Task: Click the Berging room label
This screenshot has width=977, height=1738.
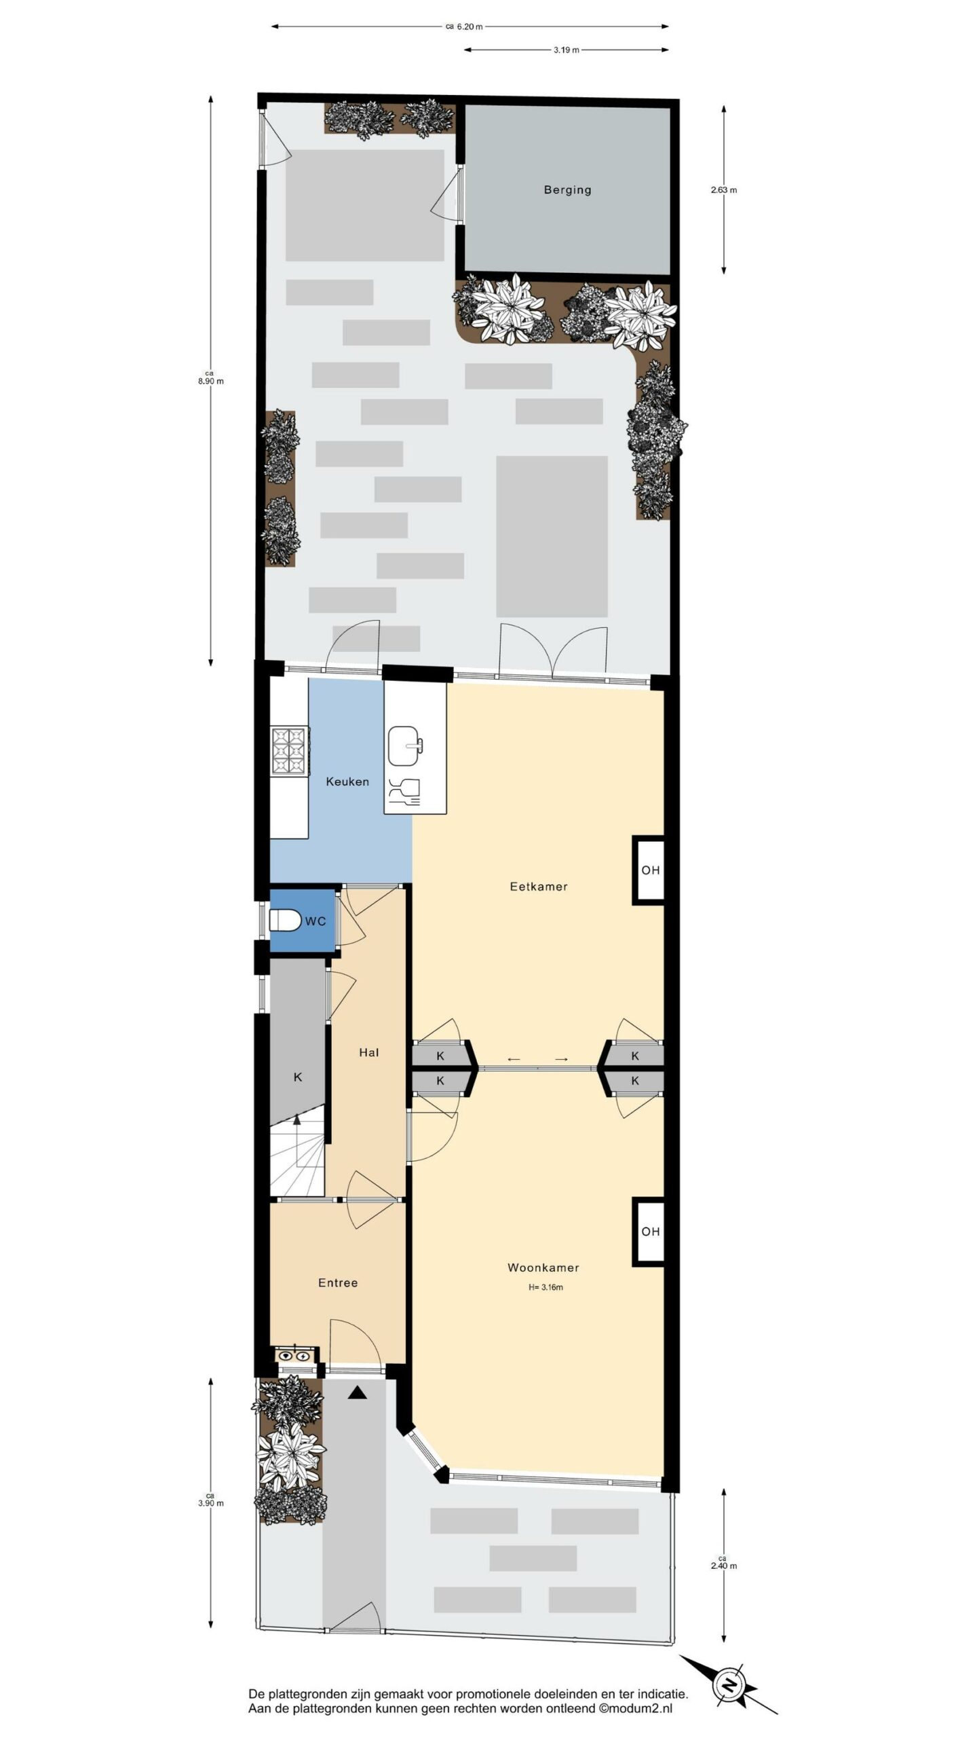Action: [567, 190]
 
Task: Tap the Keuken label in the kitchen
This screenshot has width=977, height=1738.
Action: [347, 781]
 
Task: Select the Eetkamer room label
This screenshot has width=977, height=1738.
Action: [539, 886]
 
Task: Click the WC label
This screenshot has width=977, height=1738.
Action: [315, 921]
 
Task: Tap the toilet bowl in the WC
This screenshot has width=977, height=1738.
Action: [285, 921]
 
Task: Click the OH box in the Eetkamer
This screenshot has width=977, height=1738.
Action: [649, 870]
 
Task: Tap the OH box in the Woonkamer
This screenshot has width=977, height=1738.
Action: [649, 1232]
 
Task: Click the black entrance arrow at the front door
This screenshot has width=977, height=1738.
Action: [358, 1393]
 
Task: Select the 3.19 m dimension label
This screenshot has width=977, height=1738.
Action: [567, 50]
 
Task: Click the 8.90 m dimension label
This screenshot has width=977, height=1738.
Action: [210, 377]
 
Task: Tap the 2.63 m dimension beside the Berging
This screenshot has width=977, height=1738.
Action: [724, 190]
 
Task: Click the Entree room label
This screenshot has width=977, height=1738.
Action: [338, 1282]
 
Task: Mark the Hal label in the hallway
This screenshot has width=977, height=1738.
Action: [368, 1052]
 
